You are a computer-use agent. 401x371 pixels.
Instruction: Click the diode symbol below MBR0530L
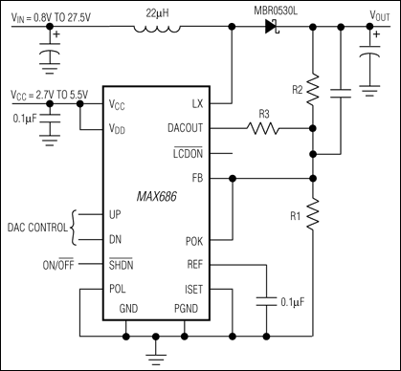(x=271, y=28)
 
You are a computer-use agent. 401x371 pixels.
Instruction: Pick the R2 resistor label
(x=298, y=89)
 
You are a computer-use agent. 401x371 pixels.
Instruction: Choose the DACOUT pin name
(x=205, y=127)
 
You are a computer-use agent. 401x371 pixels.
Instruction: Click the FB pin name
(x=219, y=178)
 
